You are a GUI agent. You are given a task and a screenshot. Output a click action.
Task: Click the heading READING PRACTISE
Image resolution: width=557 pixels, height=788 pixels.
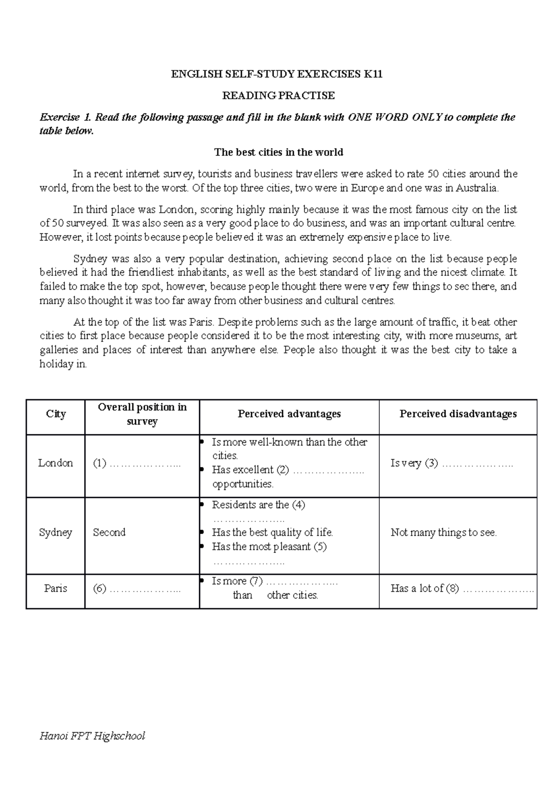click(x=278, y=96)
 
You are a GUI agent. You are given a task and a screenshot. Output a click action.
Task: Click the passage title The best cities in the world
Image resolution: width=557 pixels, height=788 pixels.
click(x=278, y=152)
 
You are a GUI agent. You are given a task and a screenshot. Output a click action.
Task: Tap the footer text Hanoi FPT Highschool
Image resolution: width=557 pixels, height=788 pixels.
click(x=92, y=736)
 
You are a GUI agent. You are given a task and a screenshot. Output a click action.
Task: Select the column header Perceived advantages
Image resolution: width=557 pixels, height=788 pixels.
click(x=289, y=413)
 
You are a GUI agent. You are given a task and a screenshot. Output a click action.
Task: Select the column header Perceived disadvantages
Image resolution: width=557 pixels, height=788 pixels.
click(x=458, y=413)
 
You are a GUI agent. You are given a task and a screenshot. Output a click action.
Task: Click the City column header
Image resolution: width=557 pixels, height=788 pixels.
click(x=56, y=413)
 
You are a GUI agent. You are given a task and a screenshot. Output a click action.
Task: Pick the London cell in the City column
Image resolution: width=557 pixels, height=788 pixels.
click(x=56, y=463)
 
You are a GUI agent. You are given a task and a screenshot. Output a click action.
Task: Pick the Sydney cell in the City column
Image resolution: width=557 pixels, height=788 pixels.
click(x=56, y=532)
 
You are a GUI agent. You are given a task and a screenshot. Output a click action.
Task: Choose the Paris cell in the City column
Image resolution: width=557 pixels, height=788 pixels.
click(x=56, y=588)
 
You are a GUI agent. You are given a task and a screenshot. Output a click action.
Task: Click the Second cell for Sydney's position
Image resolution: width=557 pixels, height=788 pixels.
click(x=109, y=532)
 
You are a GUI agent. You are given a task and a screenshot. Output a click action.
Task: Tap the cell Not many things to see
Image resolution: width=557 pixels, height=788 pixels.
click(x=443, y=532)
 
